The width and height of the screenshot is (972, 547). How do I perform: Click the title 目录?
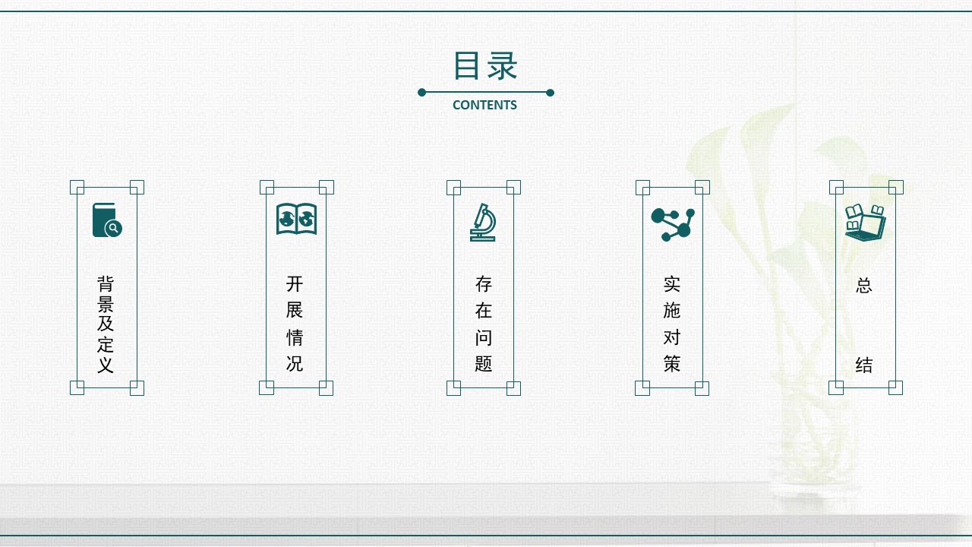(485, 65)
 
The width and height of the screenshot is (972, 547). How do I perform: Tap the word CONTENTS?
(484, 105)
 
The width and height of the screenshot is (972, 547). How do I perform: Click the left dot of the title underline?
(421, 92)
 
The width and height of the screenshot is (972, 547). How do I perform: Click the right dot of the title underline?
(551, 93)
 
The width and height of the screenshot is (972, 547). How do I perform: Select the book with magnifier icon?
(107, 220)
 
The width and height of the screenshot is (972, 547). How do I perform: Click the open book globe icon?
(296, 219)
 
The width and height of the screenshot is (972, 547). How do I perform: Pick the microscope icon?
(483, 223)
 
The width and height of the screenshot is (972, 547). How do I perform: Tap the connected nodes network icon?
(673, 224)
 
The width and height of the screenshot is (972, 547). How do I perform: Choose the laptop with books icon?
(865, 223)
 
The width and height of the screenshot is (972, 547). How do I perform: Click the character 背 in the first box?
(106, 284)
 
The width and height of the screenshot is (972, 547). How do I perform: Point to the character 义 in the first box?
(106, 365)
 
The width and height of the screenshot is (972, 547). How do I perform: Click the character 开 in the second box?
(295, 284)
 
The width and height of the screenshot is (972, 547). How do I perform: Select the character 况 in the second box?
(295, 363)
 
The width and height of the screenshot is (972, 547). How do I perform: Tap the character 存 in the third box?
(484, 284)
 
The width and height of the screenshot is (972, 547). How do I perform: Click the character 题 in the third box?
(484, 363)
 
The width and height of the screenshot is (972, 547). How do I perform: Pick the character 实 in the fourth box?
(672, 284)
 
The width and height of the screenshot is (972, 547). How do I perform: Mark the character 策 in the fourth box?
(672, 363)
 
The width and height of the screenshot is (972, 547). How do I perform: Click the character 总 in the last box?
(864, 286)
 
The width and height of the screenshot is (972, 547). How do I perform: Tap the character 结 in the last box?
(864, 365)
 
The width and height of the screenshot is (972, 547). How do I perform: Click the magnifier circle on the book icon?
(114, 228)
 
